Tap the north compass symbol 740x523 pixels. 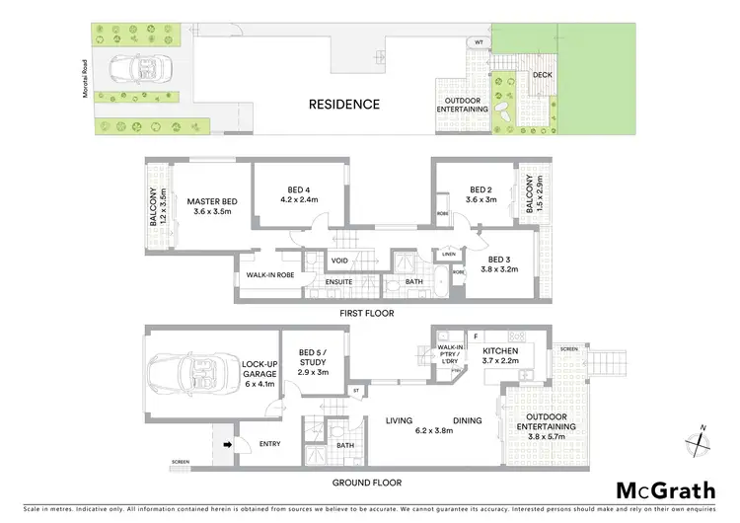click(703, 437)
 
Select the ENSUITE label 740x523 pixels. click(339, 282)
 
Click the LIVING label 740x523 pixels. click(399, 421)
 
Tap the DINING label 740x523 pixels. click(468, 421)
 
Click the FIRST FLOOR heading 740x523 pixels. click(368, 313)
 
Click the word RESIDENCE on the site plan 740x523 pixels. click(343, 104)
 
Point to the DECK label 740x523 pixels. click(542, 75)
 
